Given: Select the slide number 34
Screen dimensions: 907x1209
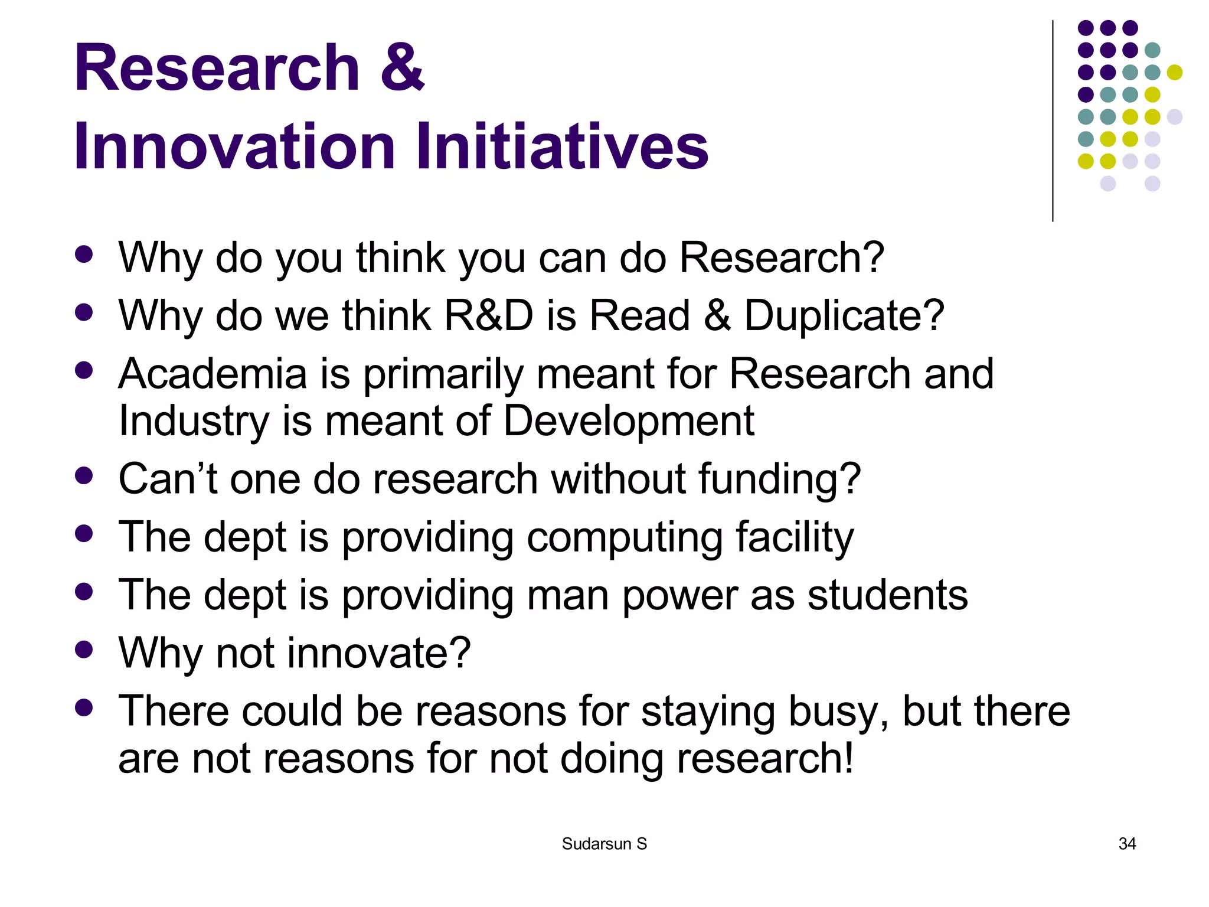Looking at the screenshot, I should [x=1127, y=844].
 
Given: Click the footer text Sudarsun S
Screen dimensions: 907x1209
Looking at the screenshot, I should [x=604, y=844].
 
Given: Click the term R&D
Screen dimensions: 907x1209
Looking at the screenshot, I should [x=488, y=316].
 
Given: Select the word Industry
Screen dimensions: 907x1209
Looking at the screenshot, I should [x=194, y=421].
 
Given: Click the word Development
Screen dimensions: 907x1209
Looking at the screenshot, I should [x=629, y=421].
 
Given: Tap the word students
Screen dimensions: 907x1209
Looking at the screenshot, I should [x=887, y=595].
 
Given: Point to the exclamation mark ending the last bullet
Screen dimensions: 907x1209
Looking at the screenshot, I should [x=848, y=758].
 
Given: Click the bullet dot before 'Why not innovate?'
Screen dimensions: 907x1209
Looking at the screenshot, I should [x=84, y=650].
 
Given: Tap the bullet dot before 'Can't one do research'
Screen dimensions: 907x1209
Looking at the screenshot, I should [x=84, y=475].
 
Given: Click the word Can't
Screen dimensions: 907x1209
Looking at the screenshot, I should [x=168, y=479].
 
